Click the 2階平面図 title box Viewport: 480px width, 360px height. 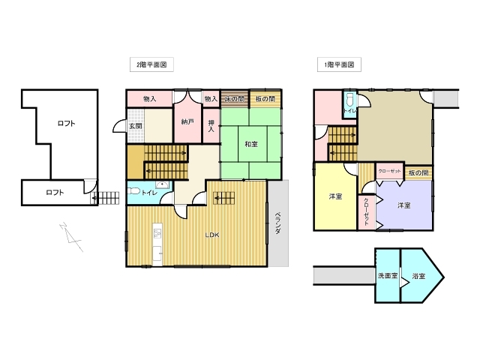(x=151, y=64)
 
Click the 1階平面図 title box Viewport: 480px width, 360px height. (x=339, y=64)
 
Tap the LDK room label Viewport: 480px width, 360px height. (x=212, y=235)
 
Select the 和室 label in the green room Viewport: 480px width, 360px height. (x=251, y=144)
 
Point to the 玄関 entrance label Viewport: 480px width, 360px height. (x=136, y=126)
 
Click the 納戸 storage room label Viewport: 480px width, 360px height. (x=187, y=121)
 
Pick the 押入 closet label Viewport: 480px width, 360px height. (x=211, y=126)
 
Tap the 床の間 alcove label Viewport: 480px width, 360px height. (x=235, y=99)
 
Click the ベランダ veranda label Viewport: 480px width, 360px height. (x=277, y=223)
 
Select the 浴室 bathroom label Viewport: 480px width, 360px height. (x=418, y=276)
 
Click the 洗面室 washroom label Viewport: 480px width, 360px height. (x=388, y=275)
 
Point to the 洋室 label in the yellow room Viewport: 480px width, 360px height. (x=335, y=196)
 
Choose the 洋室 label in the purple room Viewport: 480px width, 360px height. (x=403, y=205)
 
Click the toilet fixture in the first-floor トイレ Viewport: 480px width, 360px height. (x=349, y=100)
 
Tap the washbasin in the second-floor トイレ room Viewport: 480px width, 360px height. (x=162, y=185)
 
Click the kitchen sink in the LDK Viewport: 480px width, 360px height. (x=157, y=233)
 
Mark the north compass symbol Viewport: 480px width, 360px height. (x=71, y=237)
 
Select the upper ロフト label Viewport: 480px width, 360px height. (x=66, y=123)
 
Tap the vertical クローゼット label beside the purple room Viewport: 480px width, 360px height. (x=366, y=211)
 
